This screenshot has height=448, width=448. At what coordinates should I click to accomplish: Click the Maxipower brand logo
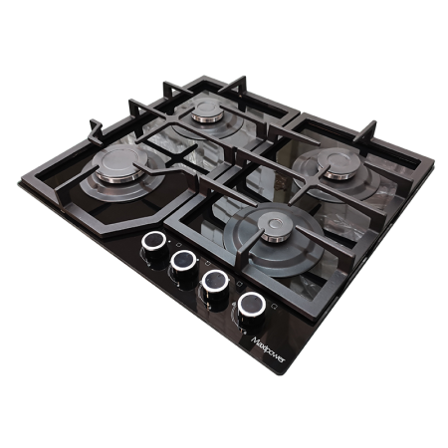pos(268,349)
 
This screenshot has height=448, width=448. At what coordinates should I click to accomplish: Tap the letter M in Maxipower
pos(255,340)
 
